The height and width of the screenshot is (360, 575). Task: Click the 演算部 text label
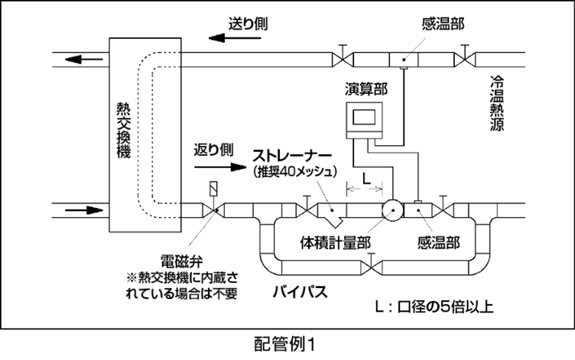click(365, 89)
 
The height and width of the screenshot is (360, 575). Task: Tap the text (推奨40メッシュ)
click(294, 173)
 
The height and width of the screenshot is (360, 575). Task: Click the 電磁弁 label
click(176, 258)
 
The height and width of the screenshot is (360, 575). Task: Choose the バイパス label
click(300, 292)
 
